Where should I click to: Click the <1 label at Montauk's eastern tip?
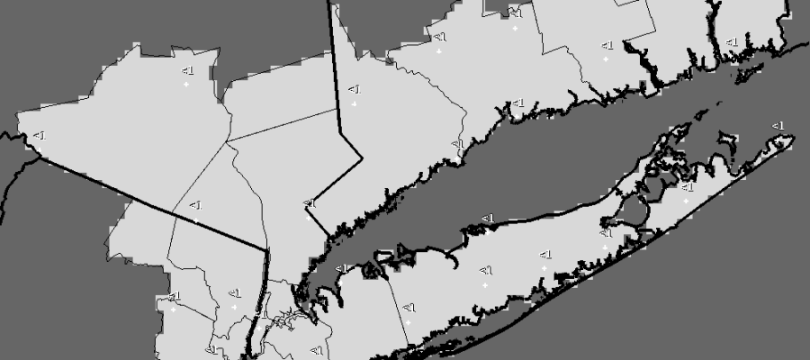(x=778, y=125)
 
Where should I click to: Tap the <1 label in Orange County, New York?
(x=187, y=70)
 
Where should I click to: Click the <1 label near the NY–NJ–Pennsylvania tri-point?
(x=39, y=135)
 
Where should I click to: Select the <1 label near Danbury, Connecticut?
(x=354, y=89)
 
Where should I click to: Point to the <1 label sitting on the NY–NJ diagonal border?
(x=194, y=205)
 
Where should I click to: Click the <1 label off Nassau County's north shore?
(x=342, y=268)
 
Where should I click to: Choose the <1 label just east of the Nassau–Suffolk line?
(x=409, y=308)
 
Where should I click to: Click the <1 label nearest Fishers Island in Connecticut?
(x=732, y=41)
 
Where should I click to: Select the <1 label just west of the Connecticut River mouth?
(x=607, y=44)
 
